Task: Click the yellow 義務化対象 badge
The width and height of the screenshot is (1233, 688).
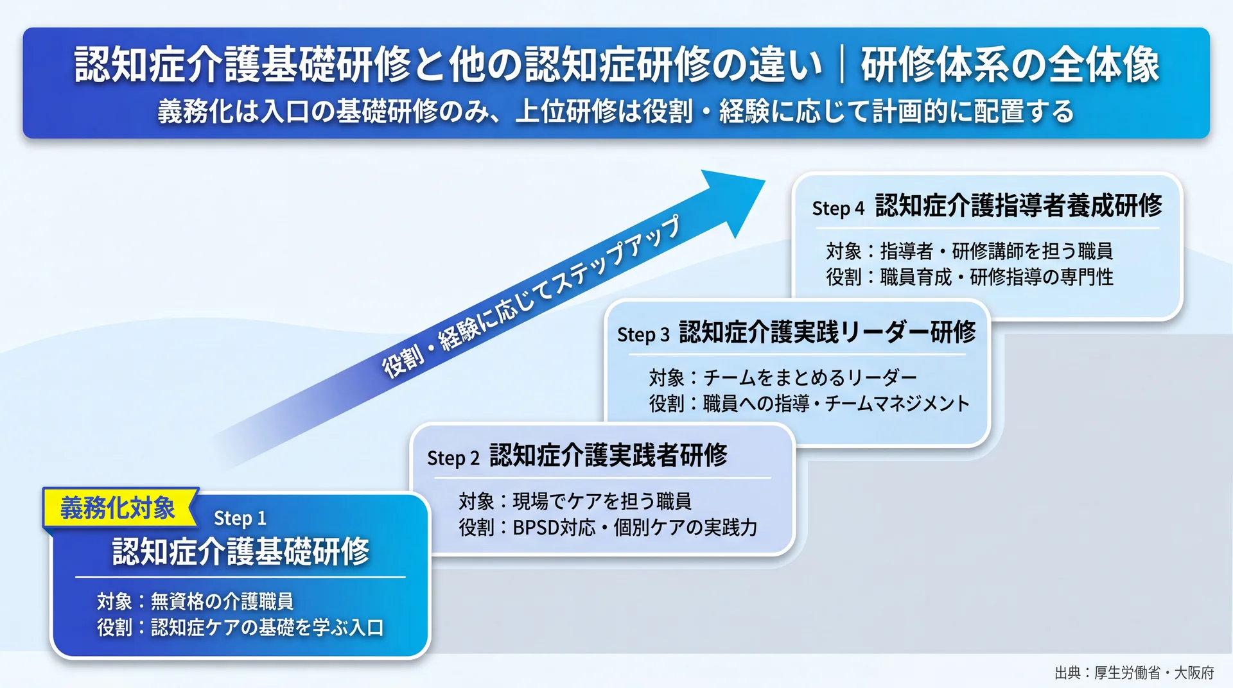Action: coord(119,508)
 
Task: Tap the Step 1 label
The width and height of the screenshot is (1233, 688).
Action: coord(240,518)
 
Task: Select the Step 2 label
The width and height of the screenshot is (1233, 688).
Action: coord(453,458)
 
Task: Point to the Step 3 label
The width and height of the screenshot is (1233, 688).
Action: coord(643,334)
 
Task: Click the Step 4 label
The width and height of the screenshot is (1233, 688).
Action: coord(838,208)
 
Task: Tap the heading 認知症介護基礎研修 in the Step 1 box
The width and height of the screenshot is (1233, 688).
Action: coord(241,551)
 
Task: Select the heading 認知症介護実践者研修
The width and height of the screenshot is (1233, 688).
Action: coord(608,456)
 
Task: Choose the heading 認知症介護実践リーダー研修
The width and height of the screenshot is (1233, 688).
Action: coord(827,332)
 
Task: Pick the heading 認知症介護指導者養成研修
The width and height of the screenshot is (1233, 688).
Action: coord(1019,205)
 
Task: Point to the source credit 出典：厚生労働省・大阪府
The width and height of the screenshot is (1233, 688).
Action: coord(1134,673)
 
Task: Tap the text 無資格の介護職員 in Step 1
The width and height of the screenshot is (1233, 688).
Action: coord(222,601)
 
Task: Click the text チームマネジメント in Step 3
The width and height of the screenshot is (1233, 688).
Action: coord(897,404)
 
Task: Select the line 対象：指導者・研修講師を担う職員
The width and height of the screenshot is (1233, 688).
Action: coord(969,250)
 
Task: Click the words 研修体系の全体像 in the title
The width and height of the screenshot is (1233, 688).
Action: coord(1010,65)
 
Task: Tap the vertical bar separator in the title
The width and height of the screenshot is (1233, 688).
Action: coord(841,65)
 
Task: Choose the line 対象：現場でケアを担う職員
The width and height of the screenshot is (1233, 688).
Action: coord(575,501)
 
